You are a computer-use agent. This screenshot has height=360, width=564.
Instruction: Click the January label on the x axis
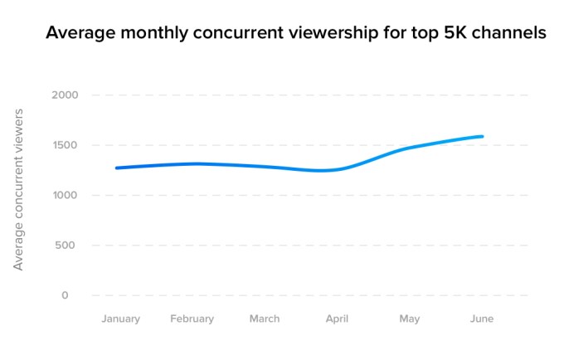[120, 319]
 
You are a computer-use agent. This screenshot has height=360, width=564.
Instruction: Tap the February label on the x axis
[192, 319]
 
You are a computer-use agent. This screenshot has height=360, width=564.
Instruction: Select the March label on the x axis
[264, 319]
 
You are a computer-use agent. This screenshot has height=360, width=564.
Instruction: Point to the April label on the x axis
[337, 319]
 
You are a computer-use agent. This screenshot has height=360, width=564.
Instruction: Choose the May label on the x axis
[410, 319]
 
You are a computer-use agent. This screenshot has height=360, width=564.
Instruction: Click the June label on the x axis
[481, 319]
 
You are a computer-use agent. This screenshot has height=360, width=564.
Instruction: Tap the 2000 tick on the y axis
[66, 95]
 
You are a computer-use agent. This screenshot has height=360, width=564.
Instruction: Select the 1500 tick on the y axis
[66, 145]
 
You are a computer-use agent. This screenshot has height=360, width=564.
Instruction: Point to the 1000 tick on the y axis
[66, 195]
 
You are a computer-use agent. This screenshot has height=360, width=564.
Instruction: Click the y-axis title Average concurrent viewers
[17, 188]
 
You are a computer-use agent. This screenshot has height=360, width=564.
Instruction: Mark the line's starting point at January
[117, 168]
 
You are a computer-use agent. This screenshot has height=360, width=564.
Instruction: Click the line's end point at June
[482, 137]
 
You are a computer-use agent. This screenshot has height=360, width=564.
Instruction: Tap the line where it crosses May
[410, 148]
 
